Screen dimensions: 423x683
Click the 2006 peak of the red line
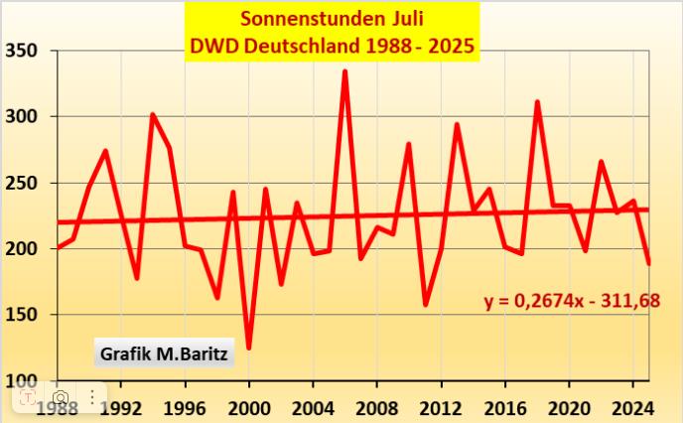click(344, 71)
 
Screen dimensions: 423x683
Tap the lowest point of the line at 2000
click(248, 348)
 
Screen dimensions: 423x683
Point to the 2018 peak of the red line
click(537, 102)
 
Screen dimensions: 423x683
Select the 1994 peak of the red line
click(153, 115)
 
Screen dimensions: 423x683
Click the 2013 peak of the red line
click(457, 125)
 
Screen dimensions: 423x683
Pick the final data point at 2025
click(649, 263)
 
